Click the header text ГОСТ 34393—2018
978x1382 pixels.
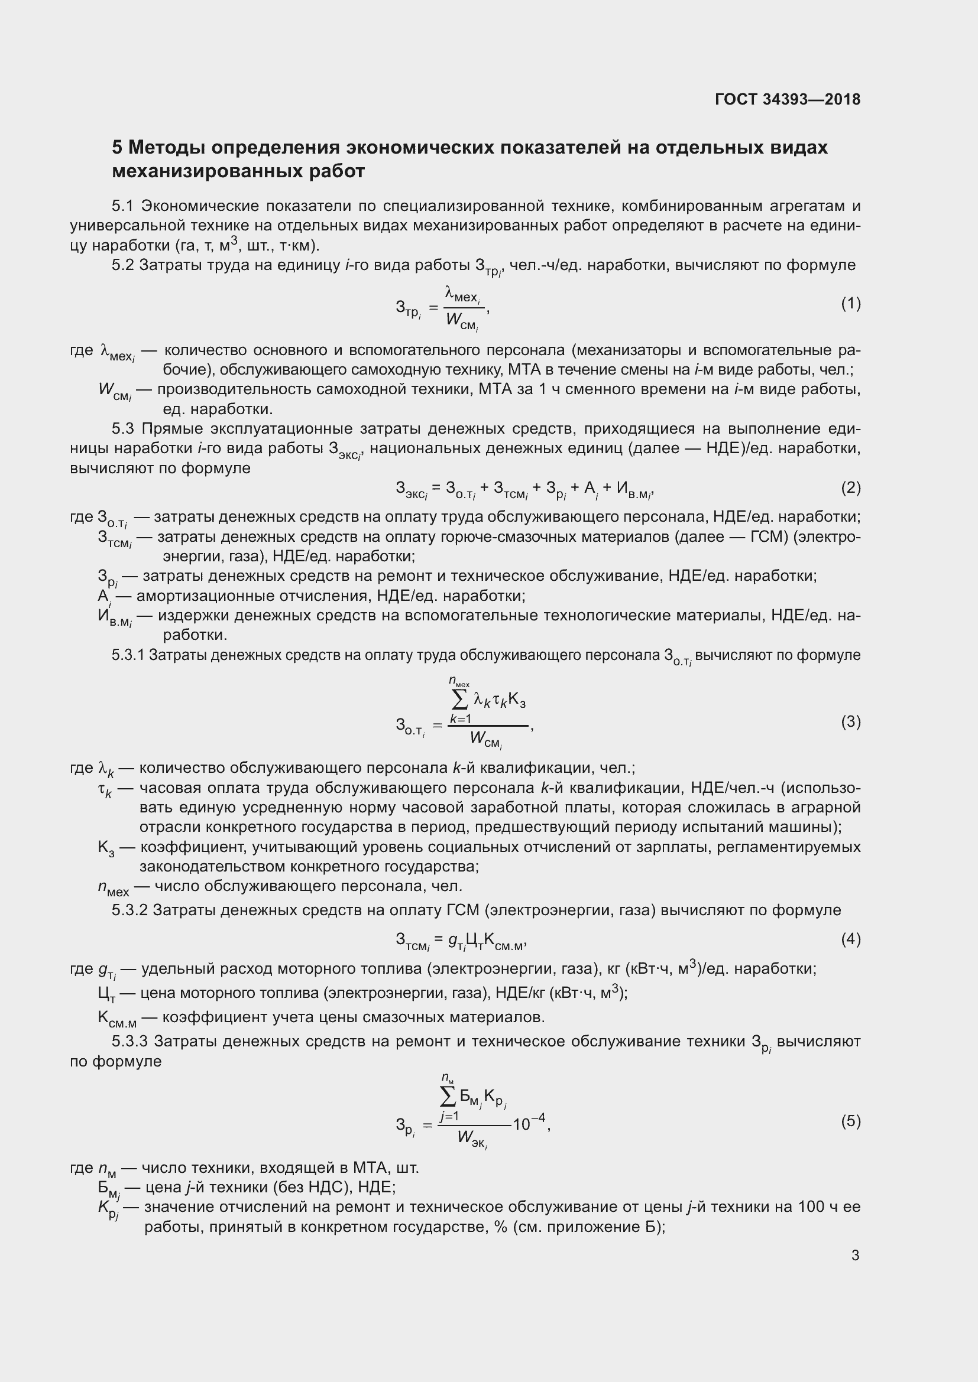point(787,99)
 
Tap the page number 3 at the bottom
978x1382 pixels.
point(855,1255)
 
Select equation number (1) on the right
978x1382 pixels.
point(850,304)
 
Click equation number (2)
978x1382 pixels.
point(850,487)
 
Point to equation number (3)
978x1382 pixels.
point(850,721)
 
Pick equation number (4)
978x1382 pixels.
point(850,939)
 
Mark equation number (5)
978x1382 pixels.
point(850,1121)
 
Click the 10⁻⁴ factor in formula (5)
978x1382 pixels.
point(529,1123)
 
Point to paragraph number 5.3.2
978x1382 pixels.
point(129,910)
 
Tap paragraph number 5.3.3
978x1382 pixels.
point(129,1041)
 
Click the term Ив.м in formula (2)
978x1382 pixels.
point(634,489)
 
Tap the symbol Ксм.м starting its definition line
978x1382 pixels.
point(117,1018)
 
